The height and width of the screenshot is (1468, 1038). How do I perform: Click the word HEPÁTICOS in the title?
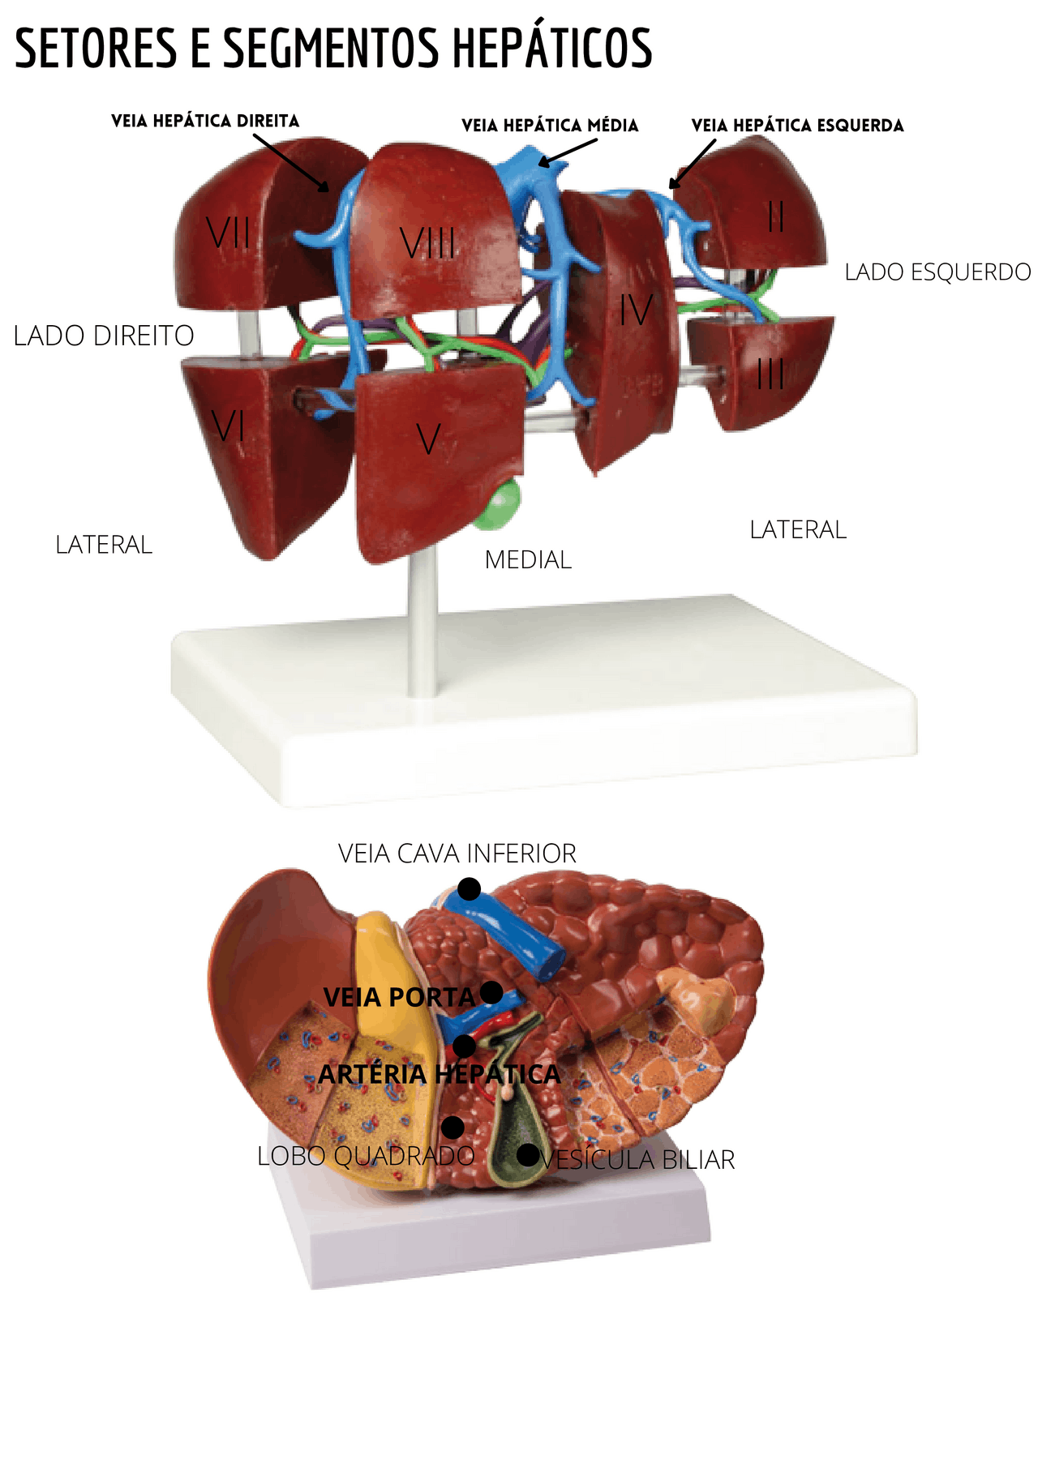click(x=551, y=49)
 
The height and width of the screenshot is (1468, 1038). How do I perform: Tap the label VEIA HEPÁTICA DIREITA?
click(x=205, y=122)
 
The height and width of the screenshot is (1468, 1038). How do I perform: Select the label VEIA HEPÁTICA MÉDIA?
click(x=550, y=126)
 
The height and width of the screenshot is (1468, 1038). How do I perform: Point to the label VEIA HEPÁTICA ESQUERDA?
click(x=797, y=126)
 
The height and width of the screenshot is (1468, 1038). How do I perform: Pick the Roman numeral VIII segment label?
click(x=427, y=243)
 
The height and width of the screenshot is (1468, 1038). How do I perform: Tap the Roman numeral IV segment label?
click(x=636, y=310)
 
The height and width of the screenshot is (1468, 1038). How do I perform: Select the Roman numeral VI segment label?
click(x=228, y=425)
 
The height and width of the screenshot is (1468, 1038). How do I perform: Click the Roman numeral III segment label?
click(x=770, y=374)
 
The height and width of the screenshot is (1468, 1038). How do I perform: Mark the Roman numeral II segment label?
click(x=776, y=216)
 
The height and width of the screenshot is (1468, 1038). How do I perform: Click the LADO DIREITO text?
click(x=104, y=336)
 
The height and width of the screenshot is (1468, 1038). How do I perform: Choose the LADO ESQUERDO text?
click(x=937, y=272)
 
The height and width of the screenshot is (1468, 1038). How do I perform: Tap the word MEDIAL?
click(x=528, y=560)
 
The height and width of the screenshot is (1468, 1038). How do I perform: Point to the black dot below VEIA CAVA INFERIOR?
click(x=469, y=889)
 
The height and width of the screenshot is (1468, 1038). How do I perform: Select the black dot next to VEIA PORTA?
click(x=491, y=992)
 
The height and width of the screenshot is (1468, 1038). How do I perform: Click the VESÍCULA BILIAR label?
click(x=637, y=1160)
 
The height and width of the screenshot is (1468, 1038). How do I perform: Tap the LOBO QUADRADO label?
click(x=366, y=1156)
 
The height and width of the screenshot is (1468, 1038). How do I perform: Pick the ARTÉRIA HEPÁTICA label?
click(x=439, y=1075)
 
